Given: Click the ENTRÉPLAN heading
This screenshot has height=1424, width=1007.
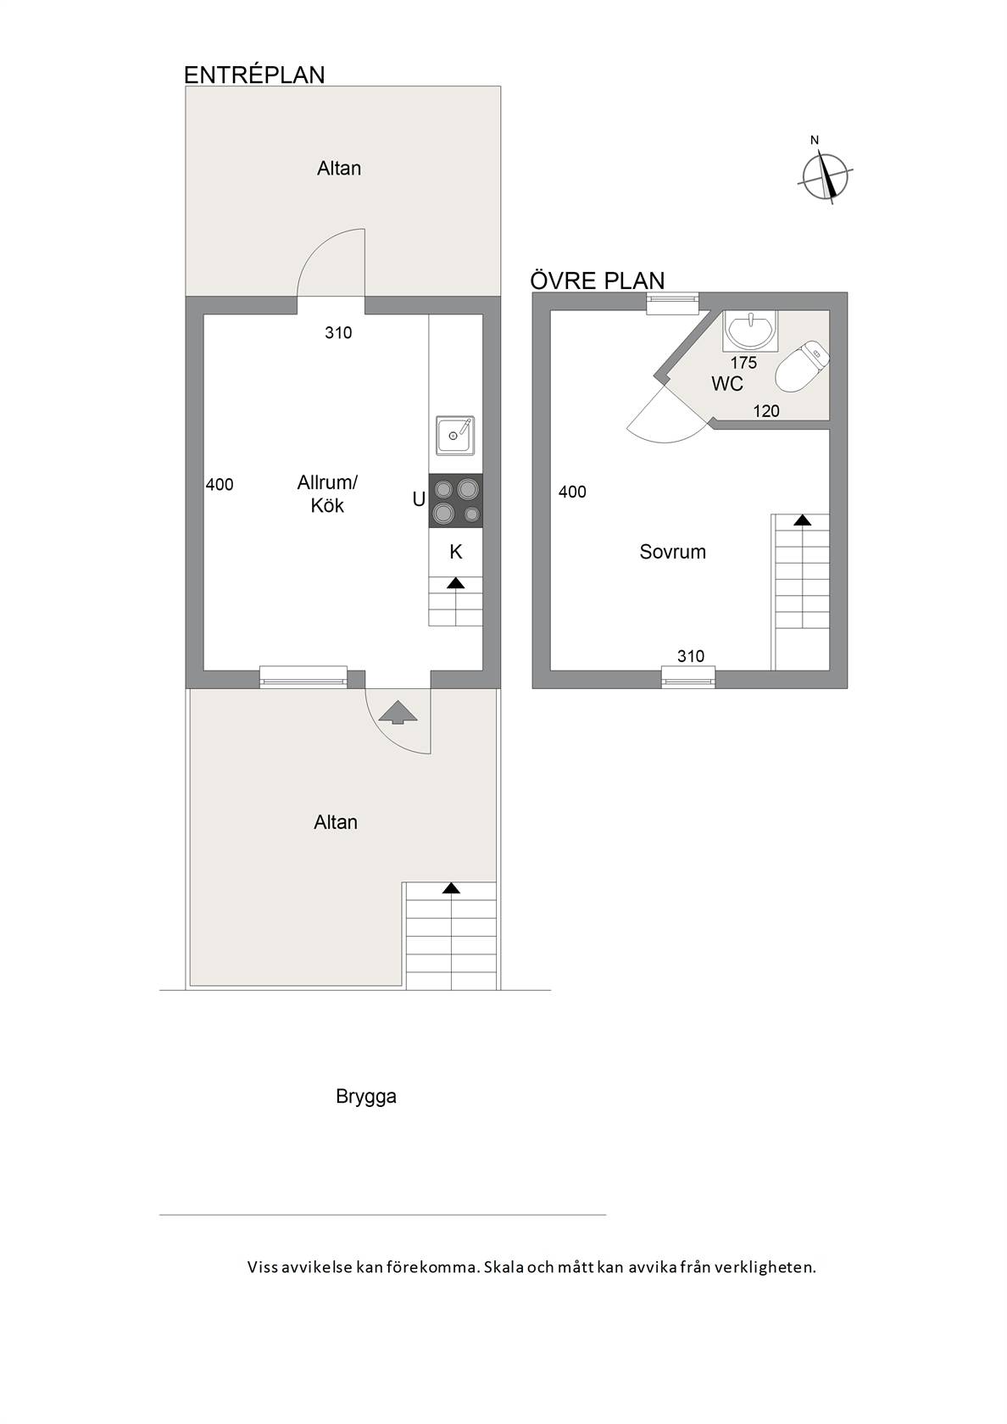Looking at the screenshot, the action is coord(254,75).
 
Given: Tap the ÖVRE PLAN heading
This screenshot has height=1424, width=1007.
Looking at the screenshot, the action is coord(597,281).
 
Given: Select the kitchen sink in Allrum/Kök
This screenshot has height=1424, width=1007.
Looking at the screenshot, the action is coord(455,436).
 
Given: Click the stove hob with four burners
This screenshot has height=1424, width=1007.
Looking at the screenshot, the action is coord(455,501).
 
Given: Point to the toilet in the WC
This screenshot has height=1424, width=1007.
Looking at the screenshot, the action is coord(803,367).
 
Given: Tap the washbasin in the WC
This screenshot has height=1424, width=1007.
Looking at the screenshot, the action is coord(751,331).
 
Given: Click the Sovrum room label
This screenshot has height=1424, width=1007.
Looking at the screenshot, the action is coord(673,552).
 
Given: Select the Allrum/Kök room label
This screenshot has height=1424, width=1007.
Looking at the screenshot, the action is coord(327,494).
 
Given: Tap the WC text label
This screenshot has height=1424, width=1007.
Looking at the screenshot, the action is coord(727,384).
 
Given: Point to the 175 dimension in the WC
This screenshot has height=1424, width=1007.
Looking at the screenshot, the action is coord(744,363).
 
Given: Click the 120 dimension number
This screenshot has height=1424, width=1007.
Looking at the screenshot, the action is coord(766,411).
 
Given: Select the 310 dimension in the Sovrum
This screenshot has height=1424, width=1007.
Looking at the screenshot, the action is coord(691,656).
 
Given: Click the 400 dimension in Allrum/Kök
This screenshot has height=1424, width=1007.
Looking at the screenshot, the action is coord(220,485).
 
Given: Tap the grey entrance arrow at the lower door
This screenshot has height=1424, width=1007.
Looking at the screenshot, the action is coord(398,713).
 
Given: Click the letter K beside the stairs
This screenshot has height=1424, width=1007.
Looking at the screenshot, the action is coord(456,553).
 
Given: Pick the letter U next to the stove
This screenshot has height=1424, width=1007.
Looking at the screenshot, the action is coord(419,500).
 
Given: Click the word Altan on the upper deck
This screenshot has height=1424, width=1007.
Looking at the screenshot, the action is coord(339,169).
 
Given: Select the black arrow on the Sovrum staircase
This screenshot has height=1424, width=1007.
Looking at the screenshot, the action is coord(802,520).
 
